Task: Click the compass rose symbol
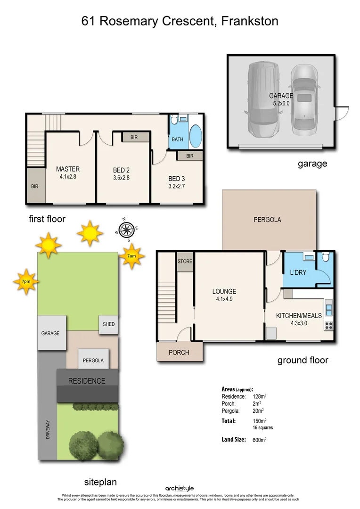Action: coord(126,230)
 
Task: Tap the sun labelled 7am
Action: coord(132,256)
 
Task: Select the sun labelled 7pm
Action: coord(25,281)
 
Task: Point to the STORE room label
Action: coord(185,261)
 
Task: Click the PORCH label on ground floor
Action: coord(179,353)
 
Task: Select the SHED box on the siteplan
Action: coord(108,324)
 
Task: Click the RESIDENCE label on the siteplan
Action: coord(87,381)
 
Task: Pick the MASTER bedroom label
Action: coord(68,169)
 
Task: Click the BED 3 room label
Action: coord(177,179)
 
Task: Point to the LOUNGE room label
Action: coord(224,291)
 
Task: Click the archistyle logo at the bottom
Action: coord(180,488)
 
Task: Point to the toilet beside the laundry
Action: coord(325,258)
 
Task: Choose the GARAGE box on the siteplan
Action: coord(50,333)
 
